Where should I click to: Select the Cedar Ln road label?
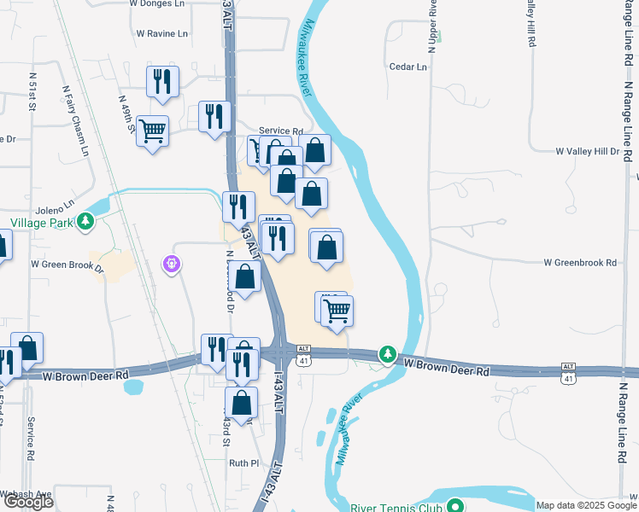point(407,67)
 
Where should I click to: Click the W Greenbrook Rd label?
point(579,263)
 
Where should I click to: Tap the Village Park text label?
point(38,223)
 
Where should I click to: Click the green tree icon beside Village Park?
point(85,223)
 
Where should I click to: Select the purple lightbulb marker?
point(173,265)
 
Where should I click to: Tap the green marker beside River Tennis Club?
point(456,506)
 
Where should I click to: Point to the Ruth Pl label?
point(243,463)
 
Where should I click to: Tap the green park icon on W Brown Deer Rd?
point(388,354)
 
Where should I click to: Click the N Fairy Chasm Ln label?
point(75,119)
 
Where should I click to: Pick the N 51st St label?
point(30,97)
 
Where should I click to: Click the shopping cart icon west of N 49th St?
point(152,131)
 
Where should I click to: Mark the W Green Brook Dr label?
point(67,265)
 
